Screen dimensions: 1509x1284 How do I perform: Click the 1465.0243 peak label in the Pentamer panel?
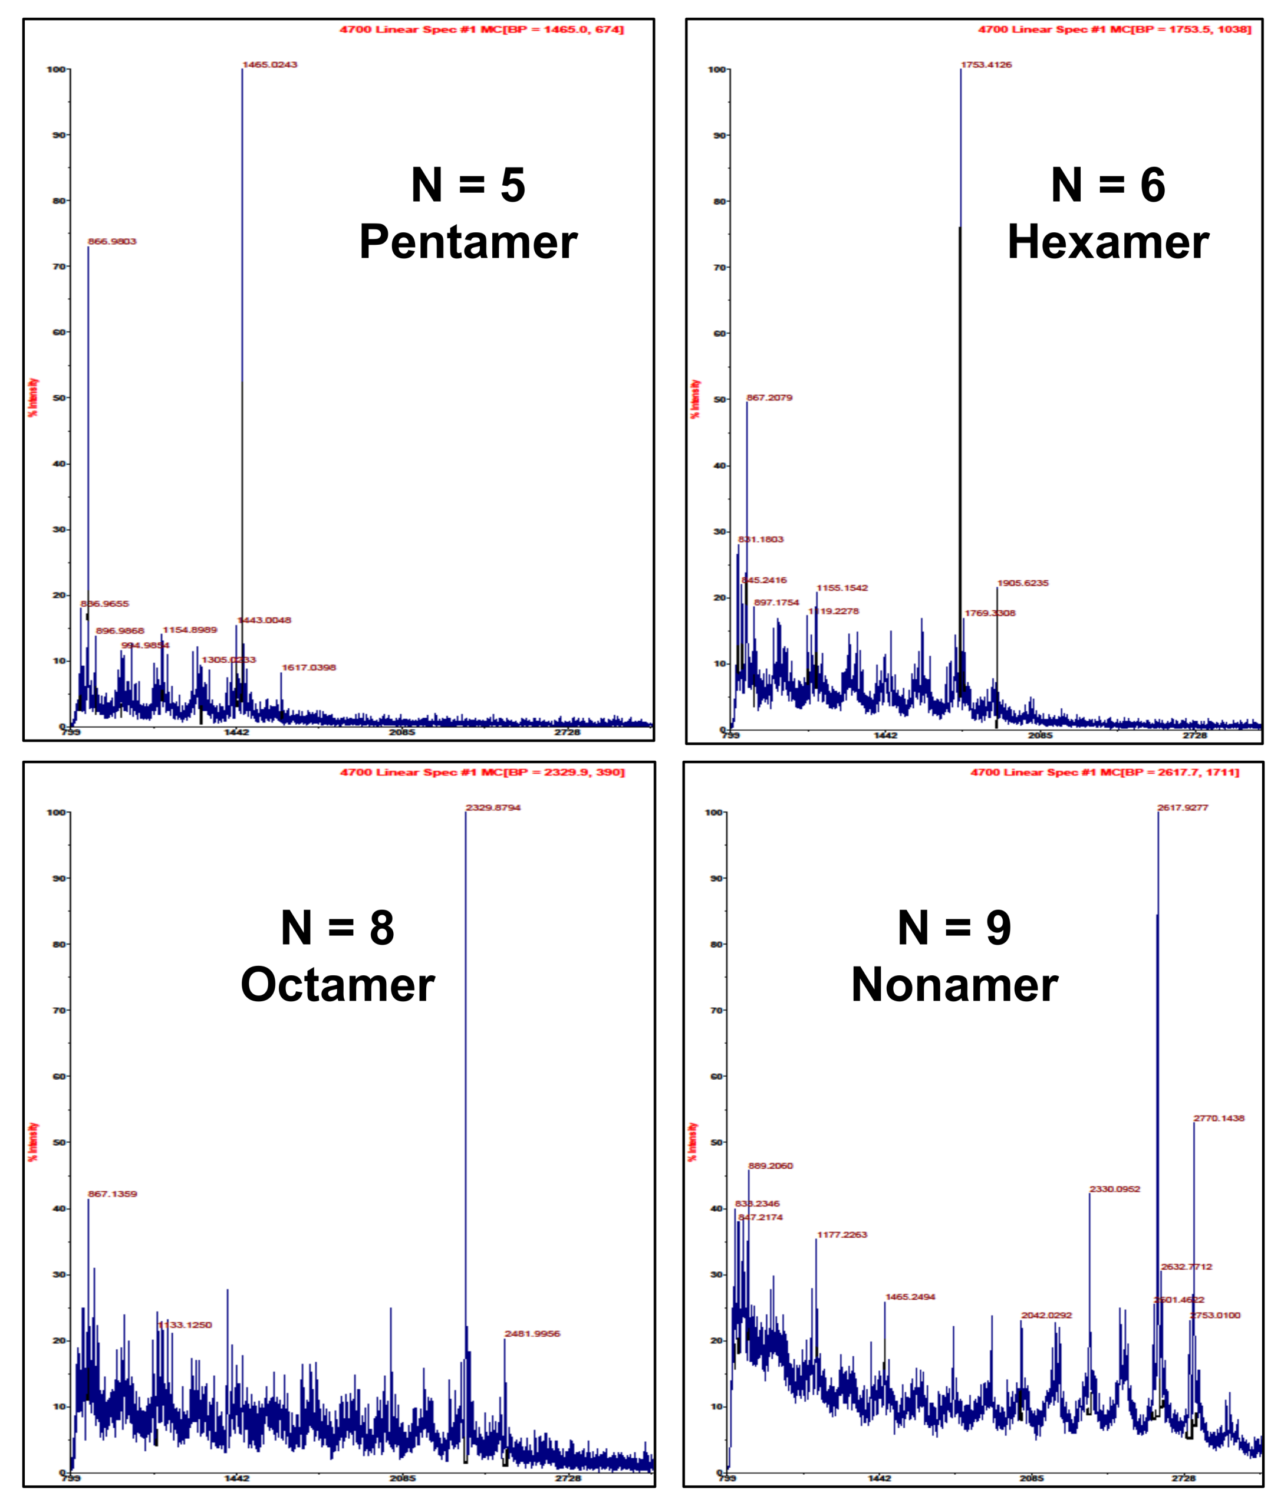269,65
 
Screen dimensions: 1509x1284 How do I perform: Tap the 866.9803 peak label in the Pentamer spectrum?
112,242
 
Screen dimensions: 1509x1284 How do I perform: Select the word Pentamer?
467,242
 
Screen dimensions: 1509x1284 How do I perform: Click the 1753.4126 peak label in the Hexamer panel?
986,65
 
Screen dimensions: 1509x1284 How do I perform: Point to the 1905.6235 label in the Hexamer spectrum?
1023,583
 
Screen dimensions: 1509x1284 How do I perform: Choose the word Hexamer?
1107,242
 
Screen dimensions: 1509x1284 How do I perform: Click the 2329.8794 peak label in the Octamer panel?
493,808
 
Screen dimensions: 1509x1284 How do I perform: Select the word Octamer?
338,985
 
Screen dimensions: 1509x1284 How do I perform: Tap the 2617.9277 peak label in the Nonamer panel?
1182,808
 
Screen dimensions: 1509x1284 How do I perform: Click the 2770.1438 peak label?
1219,1118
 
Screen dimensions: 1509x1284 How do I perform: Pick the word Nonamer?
954,985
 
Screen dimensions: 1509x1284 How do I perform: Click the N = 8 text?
338,928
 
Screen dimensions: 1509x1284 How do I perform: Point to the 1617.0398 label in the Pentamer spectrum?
309,668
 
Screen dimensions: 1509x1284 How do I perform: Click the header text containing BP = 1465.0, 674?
481,30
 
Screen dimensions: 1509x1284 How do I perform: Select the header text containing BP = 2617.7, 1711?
1104,772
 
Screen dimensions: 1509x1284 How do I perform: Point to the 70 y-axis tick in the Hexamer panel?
719,268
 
